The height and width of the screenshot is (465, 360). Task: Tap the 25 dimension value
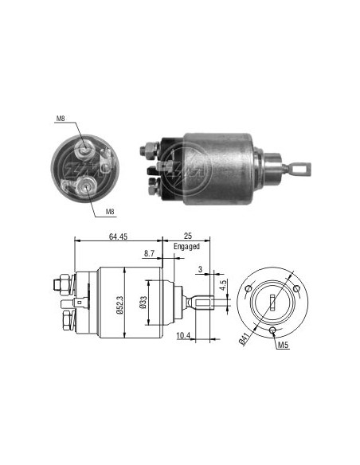point(188,236)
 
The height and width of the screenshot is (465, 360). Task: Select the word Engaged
point(186,247)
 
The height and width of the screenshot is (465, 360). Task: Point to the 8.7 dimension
point(149,253)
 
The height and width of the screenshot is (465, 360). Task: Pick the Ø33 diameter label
point(143,303)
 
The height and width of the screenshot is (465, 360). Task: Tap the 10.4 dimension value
point(183,336)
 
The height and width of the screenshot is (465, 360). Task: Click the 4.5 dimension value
point(224,285)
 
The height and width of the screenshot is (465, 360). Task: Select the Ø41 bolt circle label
point(244,339)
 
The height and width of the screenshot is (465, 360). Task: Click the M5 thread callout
point(284,345)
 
